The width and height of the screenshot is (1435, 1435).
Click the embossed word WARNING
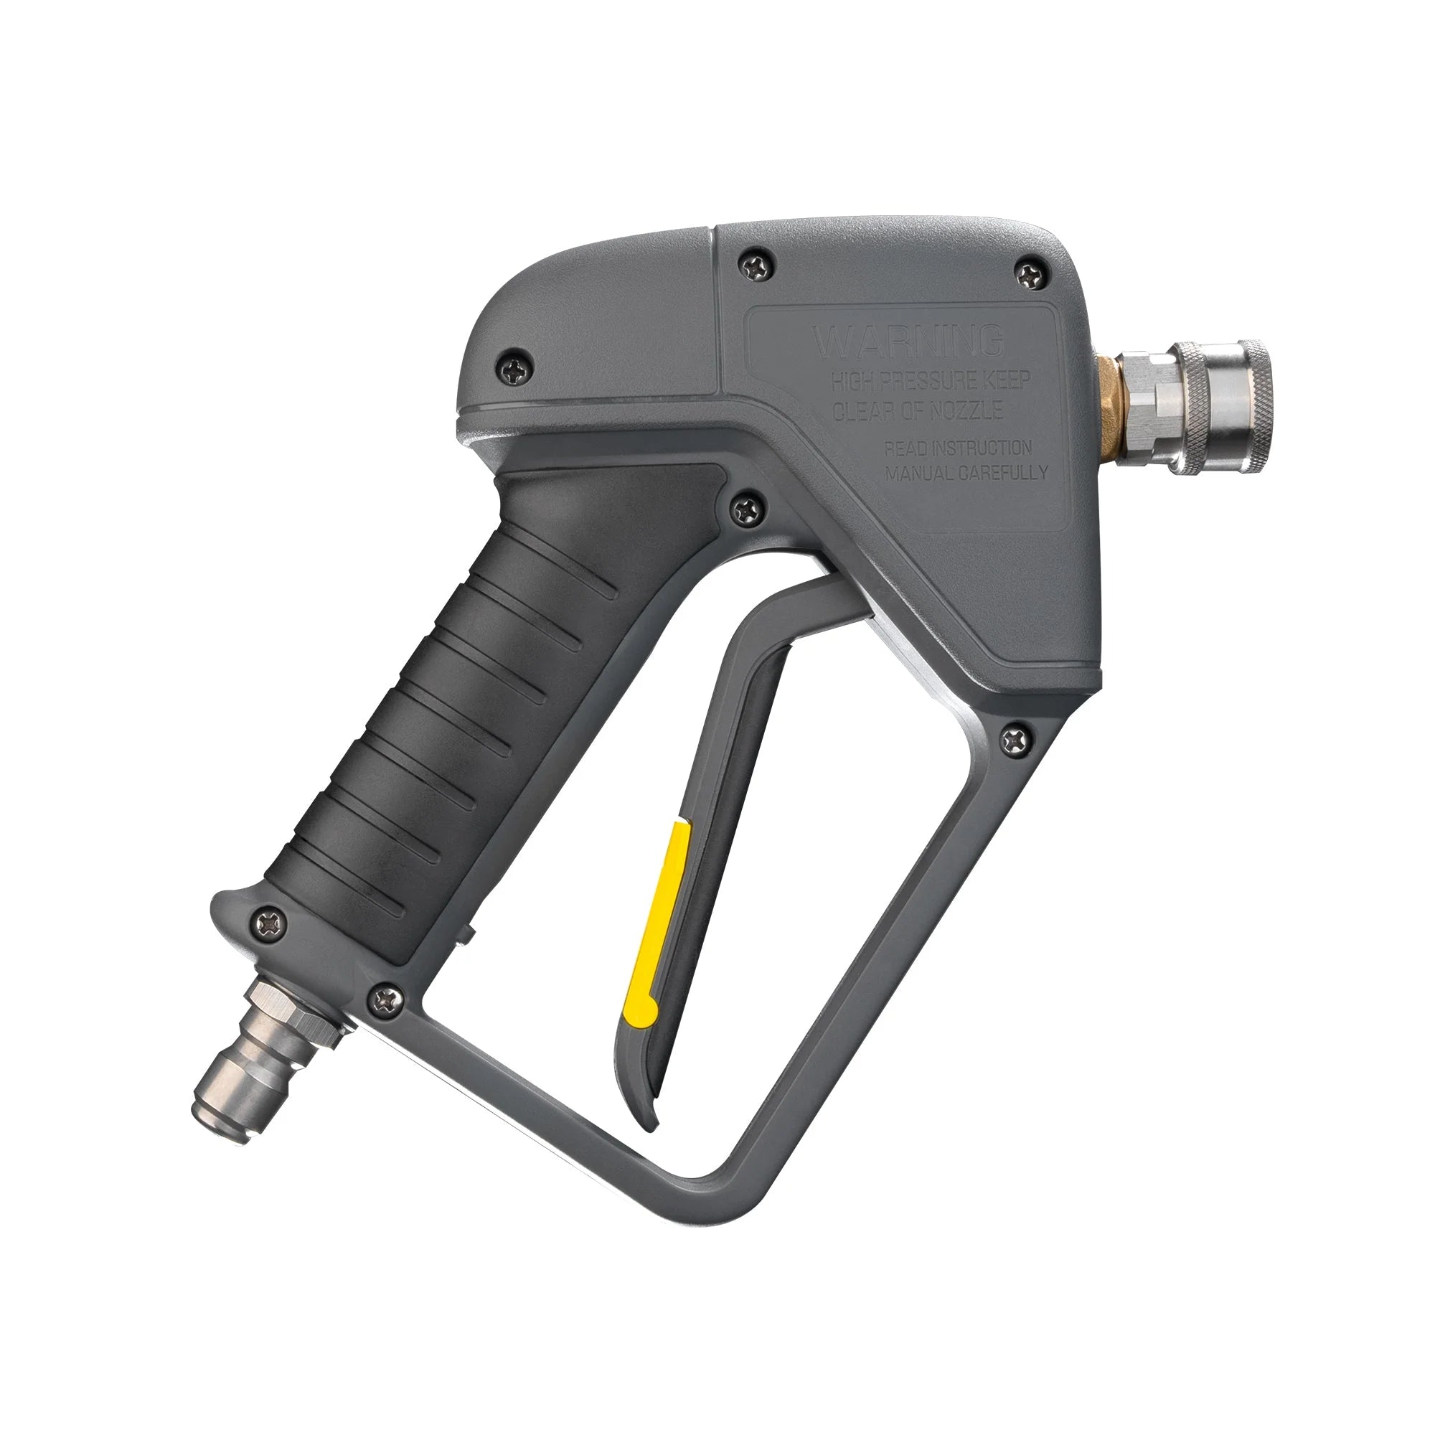click(908, 342)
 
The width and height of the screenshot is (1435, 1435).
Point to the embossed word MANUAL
click(920, 474)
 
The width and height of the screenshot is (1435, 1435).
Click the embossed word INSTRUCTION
click(985, 448)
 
